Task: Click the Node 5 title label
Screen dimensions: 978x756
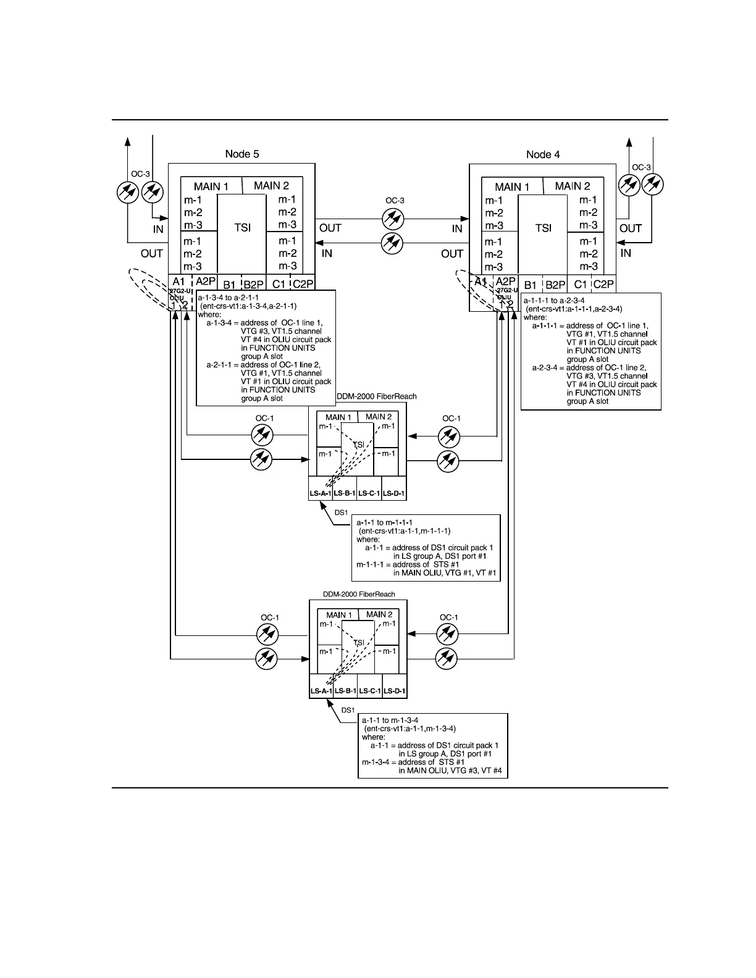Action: tap(243, 154)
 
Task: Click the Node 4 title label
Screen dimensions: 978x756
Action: tap(543, 154)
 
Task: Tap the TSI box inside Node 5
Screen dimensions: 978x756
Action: tap(243, 228)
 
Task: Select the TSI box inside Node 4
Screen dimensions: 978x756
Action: tap(543, 228)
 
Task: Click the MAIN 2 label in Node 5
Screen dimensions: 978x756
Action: tap(271, 185)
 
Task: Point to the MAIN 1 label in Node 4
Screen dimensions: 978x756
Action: tap(512, 186)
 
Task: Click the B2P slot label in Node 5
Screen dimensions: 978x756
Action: tap(253, 285)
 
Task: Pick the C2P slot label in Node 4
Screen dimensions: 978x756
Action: tap(603, 285)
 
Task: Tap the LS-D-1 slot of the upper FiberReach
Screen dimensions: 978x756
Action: tap(393, 493)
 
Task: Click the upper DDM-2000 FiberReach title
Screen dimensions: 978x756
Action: tap(376, 396)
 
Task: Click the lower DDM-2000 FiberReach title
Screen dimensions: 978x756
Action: tap(359, 594)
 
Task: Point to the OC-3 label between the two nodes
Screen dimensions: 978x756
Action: tap(395, 201)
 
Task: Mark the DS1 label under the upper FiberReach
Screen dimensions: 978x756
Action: tap(341, 512)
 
